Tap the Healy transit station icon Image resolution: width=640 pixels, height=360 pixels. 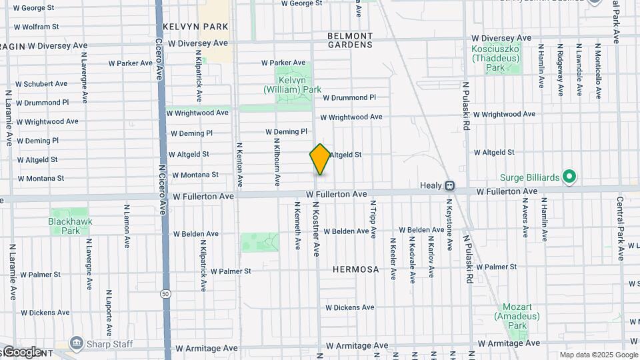point(450,185)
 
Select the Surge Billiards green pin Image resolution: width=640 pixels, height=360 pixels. point(569,177)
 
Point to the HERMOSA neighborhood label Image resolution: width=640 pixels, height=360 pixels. point(356,269)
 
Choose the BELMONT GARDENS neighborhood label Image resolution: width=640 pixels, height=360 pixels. point(350,40)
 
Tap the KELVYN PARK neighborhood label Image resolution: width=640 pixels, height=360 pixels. point(195,27)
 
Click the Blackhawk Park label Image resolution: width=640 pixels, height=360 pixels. point(70,225)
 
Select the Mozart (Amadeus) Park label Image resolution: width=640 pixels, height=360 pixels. point(517,316)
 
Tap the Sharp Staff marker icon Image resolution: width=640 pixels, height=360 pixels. point(76,343)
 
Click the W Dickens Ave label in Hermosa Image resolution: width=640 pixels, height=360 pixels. point(349,307)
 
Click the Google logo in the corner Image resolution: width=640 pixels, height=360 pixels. point(21,352)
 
